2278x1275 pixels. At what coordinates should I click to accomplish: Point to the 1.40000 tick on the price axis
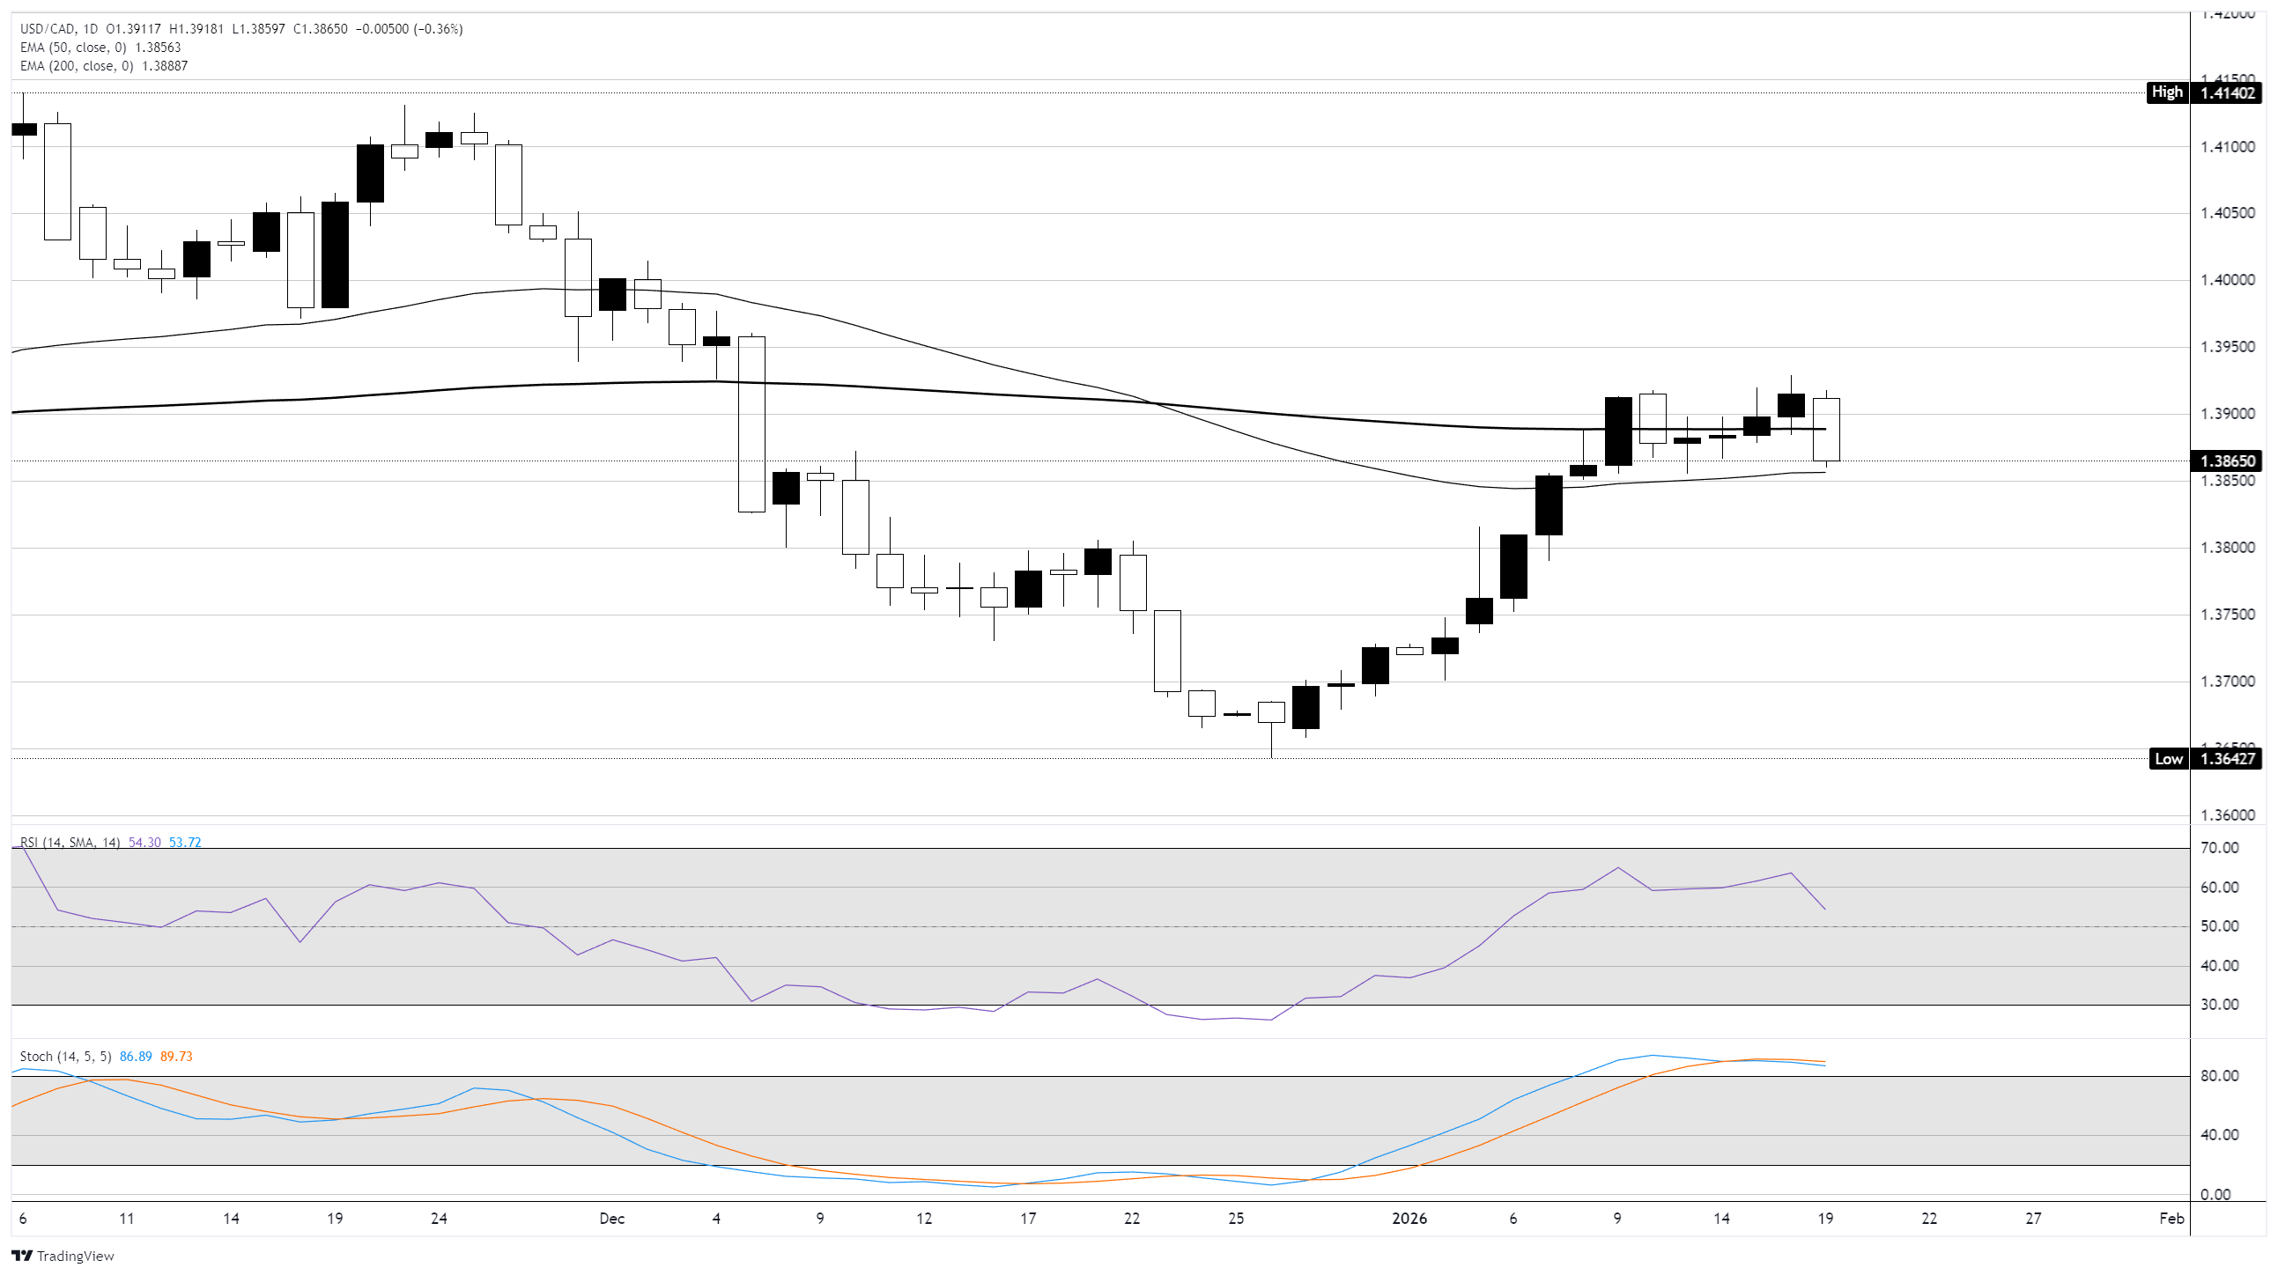(x=2228, y=280)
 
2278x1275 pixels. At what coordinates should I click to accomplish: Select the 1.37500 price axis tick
(x=2228, y=615)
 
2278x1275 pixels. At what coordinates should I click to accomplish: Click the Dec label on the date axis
(x=611, y=1219)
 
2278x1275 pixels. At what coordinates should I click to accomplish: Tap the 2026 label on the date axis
(x=1409, y=1219)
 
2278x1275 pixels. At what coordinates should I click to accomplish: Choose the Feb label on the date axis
(x=2171, y=1219)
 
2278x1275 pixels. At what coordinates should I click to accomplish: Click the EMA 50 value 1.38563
(x=158, y=48)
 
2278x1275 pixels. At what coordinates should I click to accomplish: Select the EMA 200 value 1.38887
(x=165, y=66)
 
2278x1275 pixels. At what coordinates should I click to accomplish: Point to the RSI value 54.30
(x=144, y=843)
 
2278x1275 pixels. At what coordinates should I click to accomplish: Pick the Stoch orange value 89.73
(x=176, y=1057)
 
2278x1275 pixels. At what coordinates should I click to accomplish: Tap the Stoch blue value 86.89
(x=136, y=1057)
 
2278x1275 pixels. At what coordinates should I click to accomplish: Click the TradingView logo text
(x=75, y=1257)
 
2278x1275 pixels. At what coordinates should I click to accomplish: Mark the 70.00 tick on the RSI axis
(x=2219, y=848)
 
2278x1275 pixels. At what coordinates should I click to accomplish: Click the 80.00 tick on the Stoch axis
(x=2219, y=1076)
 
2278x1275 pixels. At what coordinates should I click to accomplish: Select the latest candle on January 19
(x=1825, y=430)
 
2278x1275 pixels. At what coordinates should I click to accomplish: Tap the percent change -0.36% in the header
(x=439, y=29)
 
